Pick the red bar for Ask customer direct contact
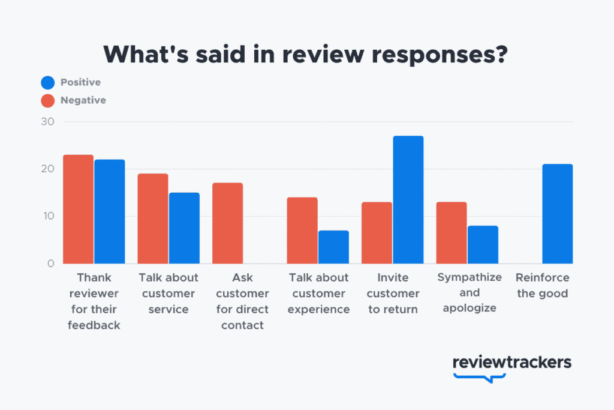point(228,223)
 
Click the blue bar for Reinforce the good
point(557,214)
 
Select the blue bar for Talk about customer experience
point(333,247)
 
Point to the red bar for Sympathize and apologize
point(451,232)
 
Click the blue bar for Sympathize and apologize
point(482,244)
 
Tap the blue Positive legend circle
point(48,82)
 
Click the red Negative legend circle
point(48,100)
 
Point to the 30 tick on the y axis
point(47,122)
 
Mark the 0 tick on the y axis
point(50,263)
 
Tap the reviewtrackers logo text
point(511,363)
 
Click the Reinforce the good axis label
point(543,286)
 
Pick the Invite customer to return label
point(393,294)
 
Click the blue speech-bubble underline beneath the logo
point(480,377)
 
